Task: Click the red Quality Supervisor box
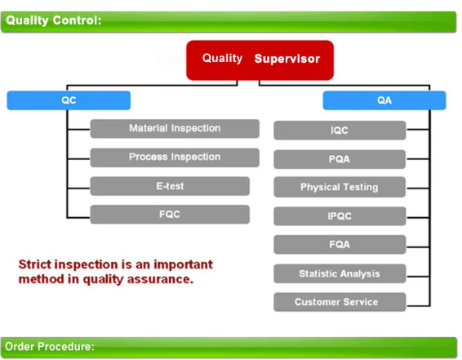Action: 260,60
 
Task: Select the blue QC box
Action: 69,100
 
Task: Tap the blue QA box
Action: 384,100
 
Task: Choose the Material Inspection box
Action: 175,129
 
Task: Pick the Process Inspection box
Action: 175,158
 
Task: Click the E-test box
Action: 170,186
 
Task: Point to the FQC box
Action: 170,215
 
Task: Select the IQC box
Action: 340,131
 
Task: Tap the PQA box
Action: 340,159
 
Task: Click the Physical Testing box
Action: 340,187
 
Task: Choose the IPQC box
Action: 340,216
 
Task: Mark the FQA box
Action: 340,245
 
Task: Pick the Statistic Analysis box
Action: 340,273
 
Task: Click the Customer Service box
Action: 340,302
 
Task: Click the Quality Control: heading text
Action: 53,20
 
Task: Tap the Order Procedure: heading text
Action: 50,347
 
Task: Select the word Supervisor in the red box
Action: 287,59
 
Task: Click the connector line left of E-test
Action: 78,188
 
